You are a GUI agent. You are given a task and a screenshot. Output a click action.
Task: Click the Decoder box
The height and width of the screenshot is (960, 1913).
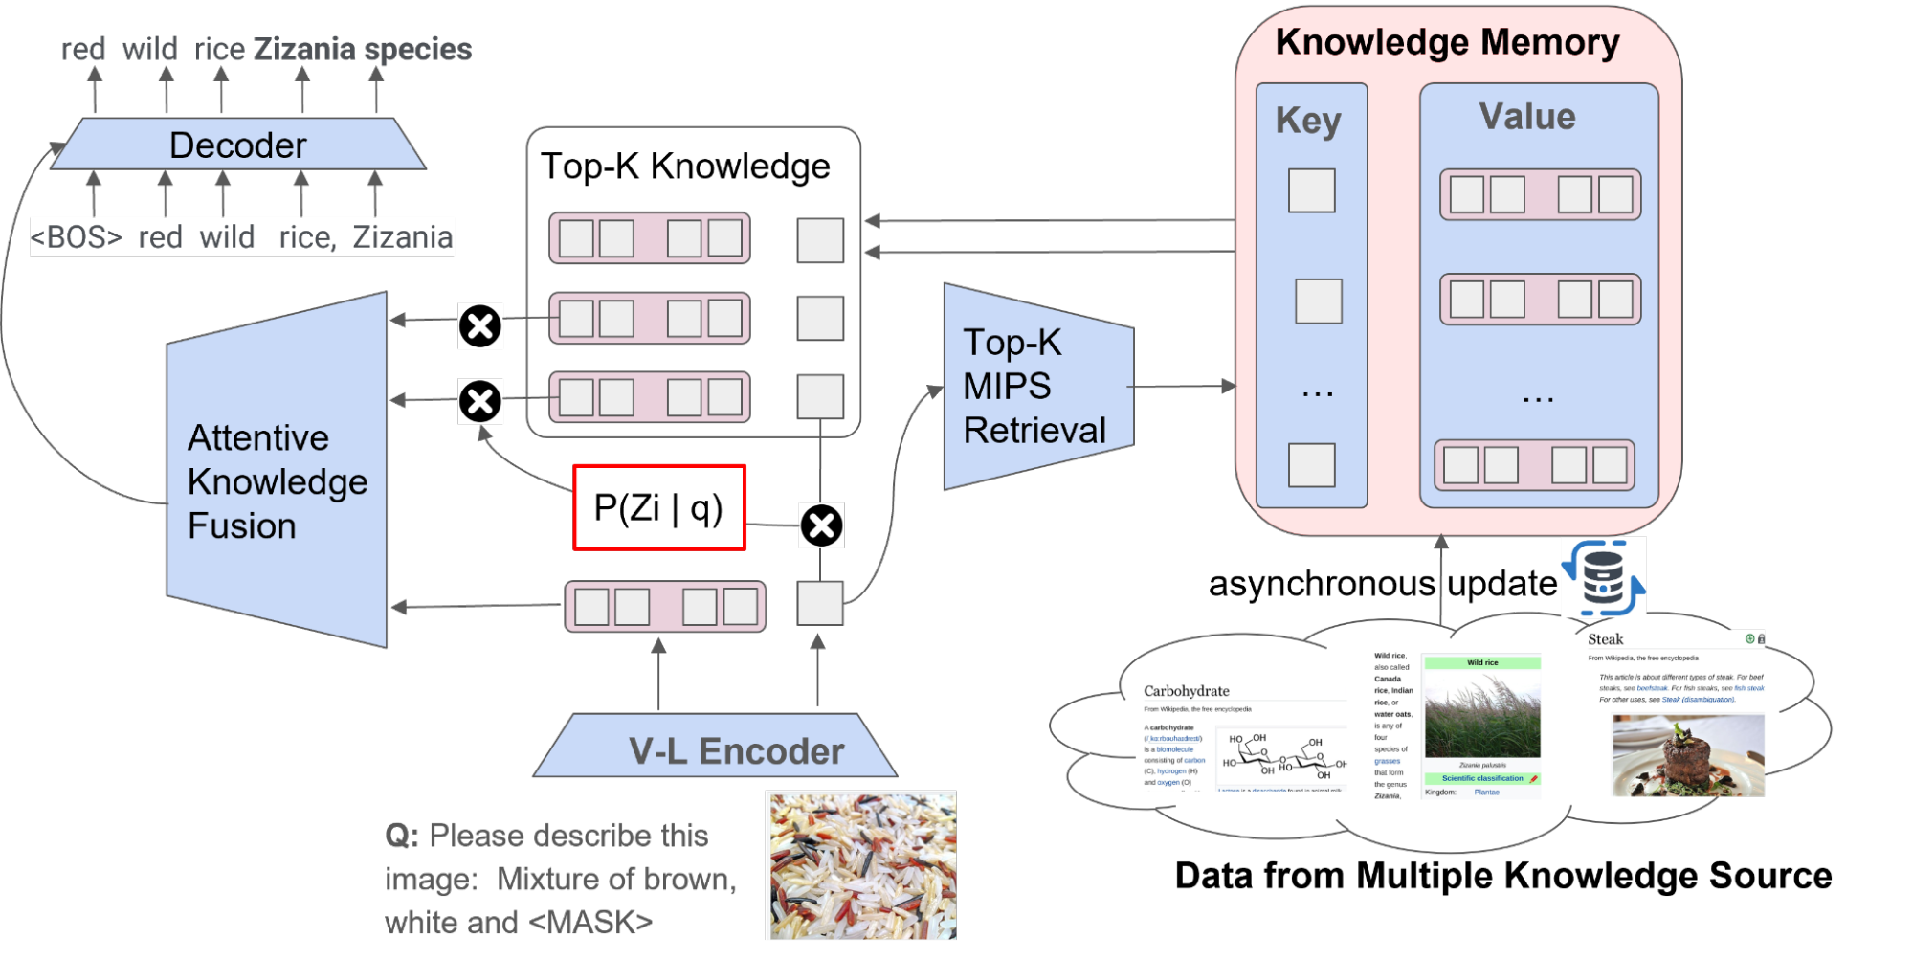(x=237, y=145)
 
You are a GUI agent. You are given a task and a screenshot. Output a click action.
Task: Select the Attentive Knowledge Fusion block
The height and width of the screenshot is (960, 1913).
(x=277, y=480)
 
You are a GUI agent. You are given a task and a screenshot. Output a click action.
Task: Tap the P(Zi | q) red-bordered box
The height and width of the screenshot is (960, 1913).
(x=659, y=507)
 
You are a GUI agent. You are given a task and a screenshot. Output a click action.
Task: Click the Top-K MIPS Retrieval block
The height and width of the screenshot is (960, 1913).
(x=1034, y=387)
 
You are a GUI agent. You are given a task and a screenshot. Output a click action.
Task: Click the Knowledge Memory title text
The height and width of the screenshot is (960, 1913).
(x=1447, y=43)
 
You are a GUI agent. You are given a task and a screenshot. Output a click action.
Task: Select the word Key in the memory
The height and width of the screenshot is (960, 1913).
(x=1308, y=122)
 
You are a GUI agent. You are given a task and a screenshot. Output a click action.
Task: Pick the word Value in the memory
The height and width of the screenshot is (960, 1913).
(x=1527, y=117)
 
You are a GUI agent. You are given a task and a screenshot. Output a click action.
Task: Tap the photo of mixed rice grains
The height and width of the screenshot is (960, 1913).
(x=860, y=865)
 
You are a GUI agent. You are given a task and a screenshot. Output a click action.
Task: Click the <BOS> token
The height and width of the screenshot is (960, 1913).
(x=77, y=237)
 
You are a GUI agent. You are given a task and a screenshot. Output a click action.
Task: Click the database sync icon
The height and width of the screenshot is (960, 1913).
(x=1603, y=576)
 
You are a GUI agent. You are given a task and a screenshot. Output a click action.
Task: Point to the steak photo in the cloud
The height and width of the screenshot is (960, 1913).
(x=1688, y=756)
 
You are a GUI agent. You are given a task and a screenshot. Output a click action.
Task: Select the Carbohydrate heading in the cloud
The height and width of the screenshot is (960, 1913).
(x=1187, y=691)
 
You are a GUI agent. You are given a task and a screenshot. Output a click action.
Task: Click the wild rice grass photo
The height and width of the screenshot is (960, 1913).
(x=1482, y=714)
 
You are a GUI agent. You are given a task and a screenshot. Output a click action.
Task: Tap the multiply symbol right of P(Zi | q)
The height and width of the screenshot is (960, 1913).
(x=821, y=525)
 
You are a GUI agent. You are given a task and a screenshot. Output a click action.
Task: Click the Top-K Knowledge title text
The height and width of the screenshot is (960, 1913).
(x=685, y=167)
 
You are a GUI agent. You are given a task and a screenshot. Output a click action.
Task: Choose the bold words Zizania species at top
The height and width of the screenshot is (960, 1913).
(x=363, y=50)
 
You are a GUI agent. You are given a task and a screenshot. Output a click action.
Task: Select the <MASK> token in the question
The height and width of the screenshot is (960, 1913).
(x=590, y=923)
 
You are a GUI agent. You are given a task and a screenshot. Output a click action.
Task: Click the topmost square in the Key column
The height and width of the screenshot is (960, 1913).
(x=1311, y=190)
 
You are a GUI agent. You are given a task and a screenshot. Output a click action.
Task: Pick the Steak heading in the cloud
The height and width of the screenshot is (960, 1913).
(x=1606, y=639)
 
